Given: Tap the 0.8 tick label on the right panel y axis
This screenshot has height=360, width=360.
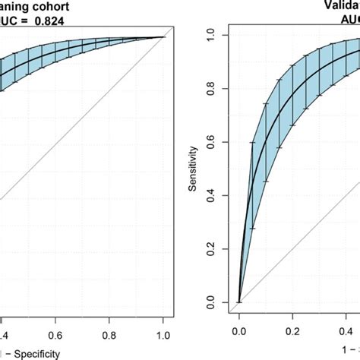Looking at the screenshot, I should click(220, 88).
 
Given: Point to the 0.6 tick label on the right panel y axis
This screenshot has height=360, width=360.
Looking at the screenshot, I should click(220, 142).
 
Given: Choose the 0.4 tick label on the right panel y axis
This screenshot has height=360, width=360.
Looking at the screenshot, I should click(220, 195).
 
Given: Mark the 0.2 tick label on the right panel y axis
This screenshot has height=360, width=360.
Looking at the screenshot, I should click(220, 249).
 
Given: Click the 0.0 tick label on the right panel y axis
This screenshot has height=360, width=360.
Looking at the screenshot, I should click(220, 302).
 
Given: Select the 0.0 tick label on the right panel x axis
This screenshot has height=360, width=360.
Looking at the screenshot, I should click(239, 332).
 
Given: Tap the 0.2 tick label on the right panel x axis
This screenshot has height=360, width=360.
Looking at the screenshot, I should click(292, 332).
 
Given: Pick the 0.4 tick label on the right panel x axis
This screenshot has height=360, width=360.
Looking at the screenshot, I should click(346, 332).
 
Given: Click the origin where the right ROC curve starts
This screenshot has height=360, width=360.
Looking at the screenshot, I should click(239, 302).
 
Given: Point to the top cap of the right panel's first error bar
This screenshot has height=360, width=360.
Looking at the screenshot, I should click(253, 142).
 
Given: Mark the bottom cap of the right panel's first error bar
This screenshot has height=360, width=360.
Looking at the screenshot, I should click(253, 228).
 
